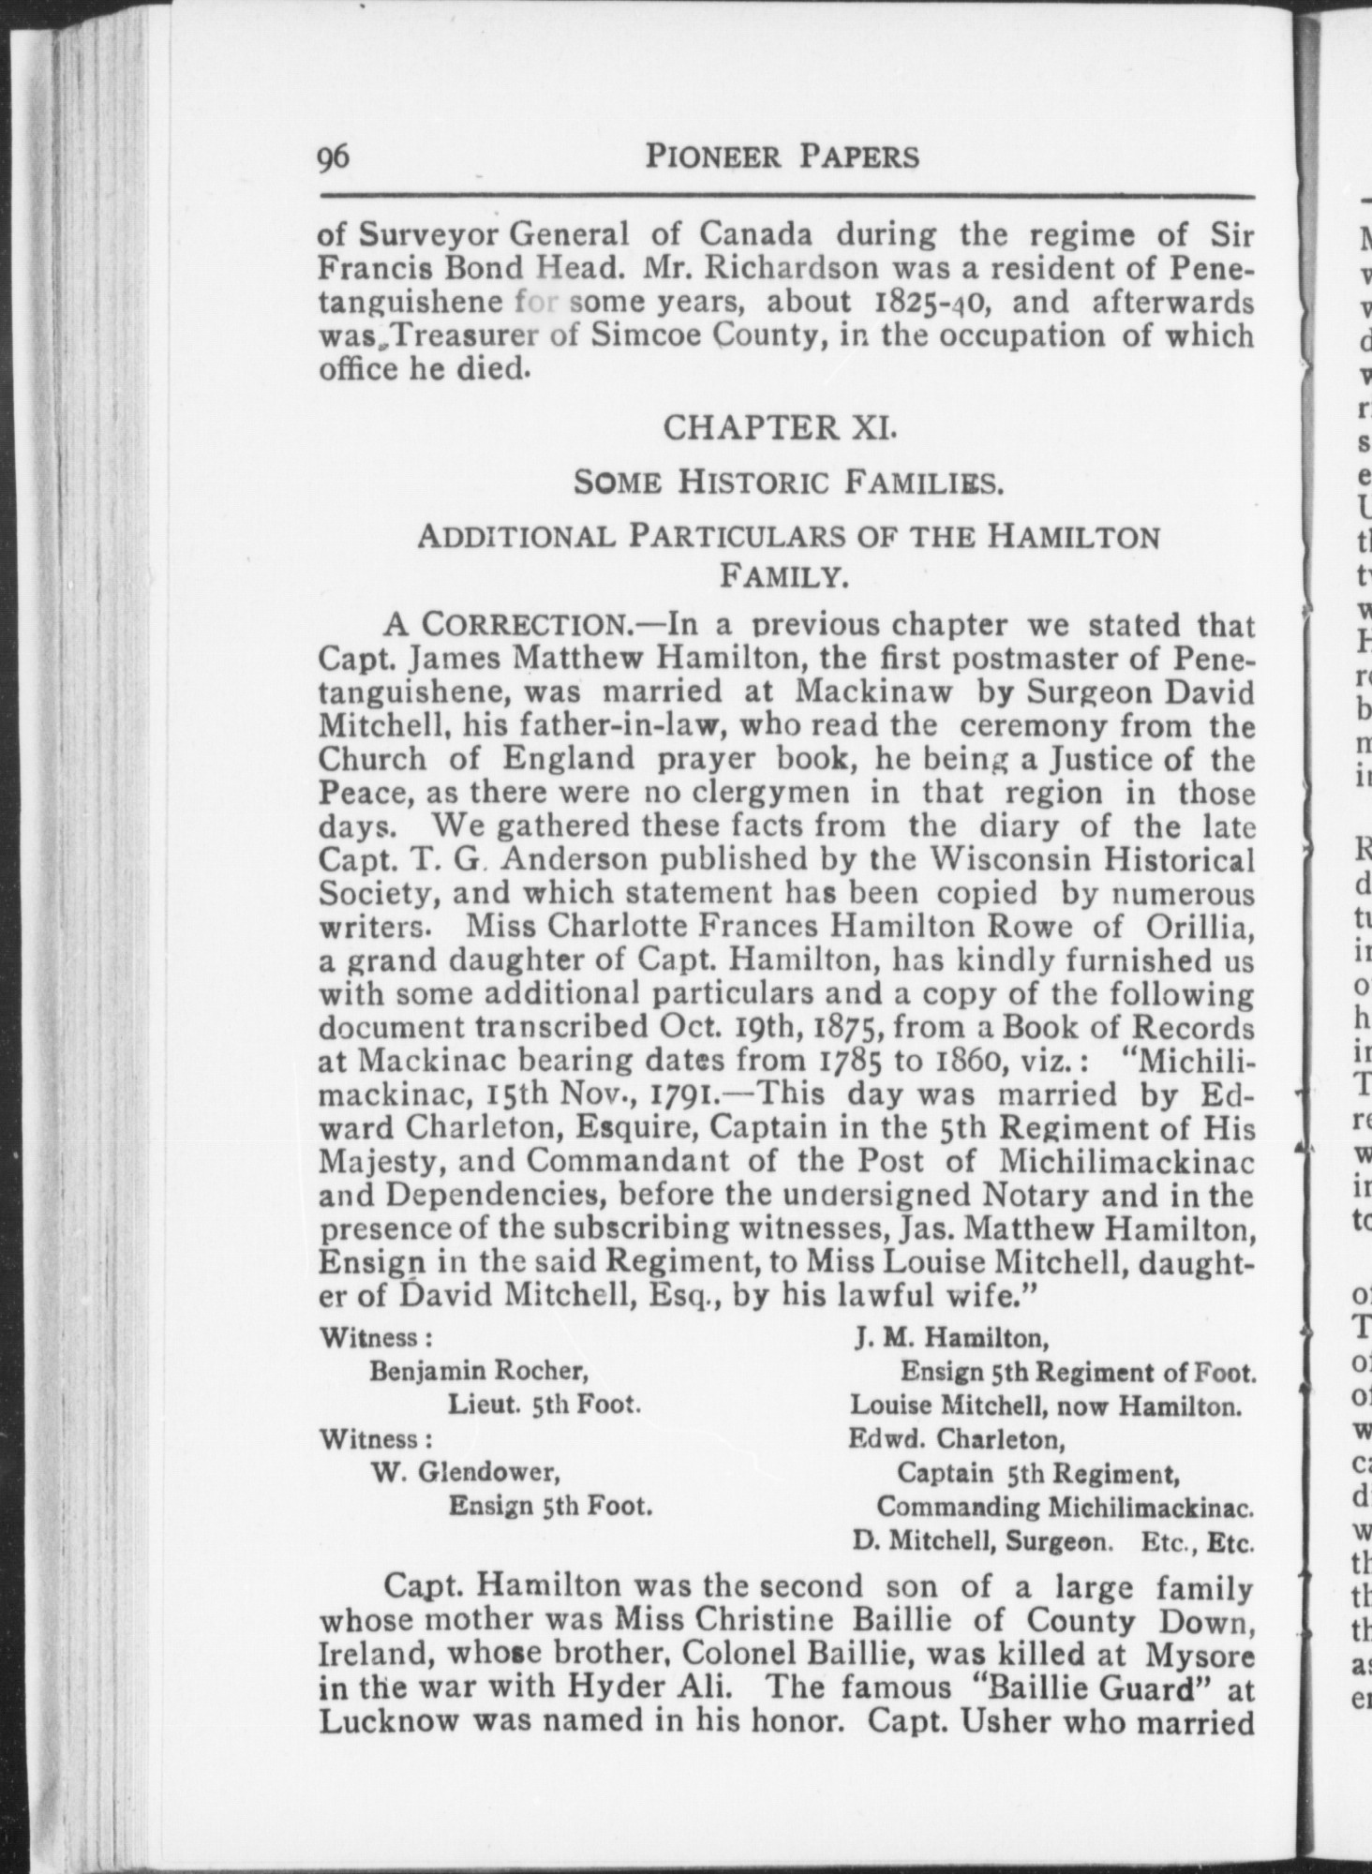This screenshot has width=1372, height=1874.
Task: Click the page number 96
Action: coord(334,156)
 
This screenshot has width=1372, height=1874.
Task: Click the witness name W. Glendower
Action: coord(466,1472)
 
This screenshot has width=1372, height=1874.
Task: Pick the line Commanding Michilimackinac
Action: coord(1065,1507)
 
